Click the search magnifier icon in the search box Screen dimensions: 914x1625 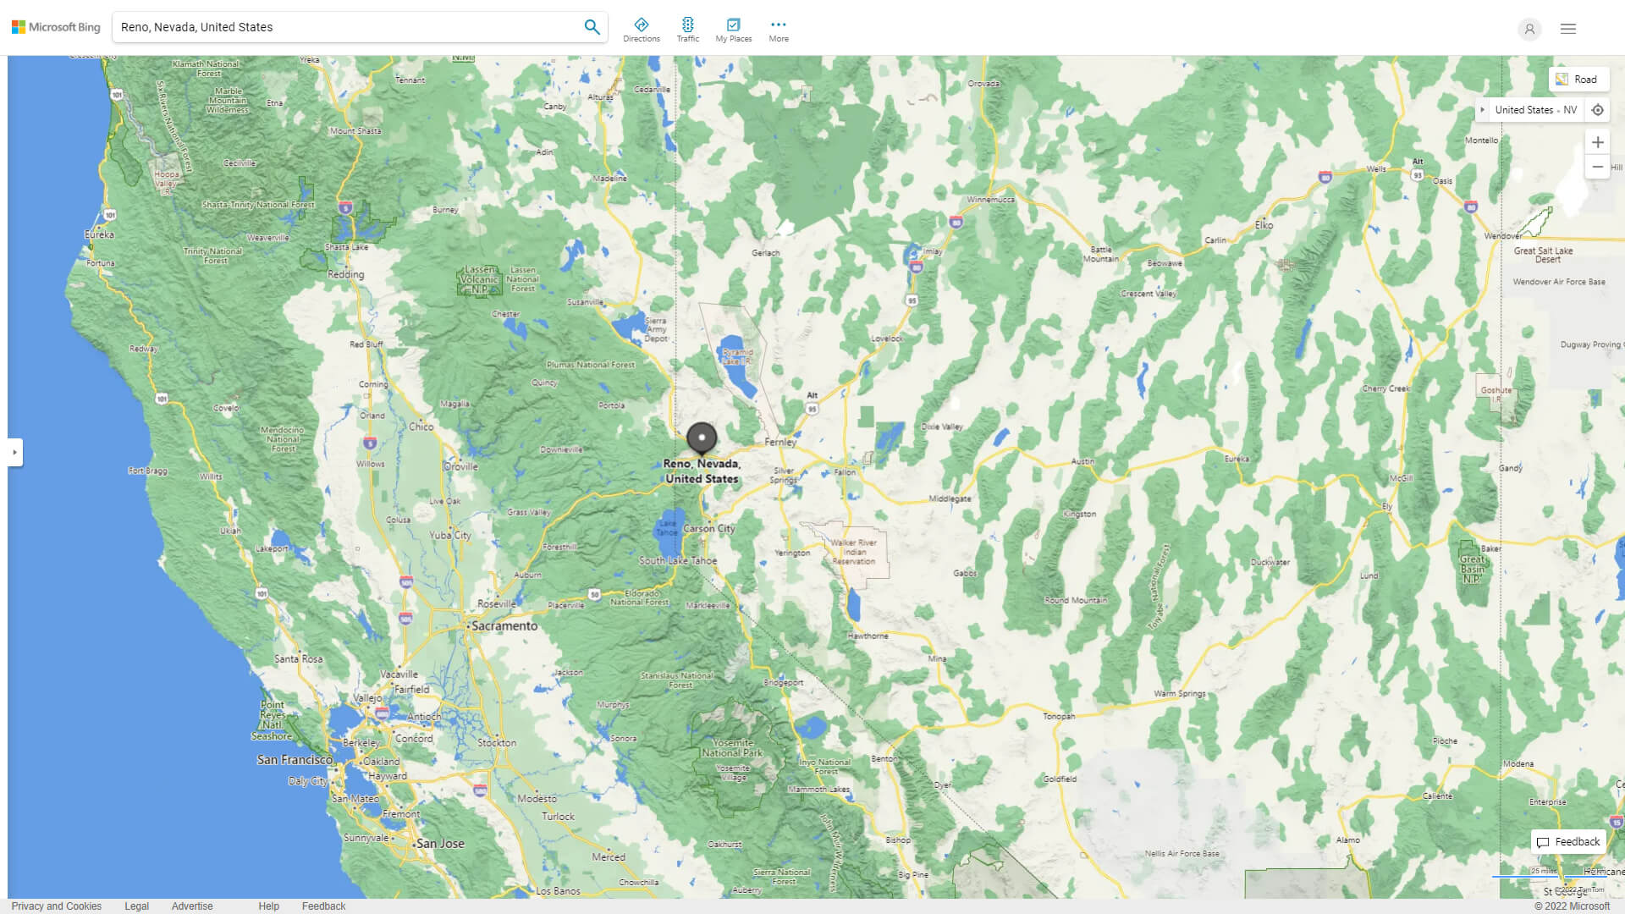pos(592,27)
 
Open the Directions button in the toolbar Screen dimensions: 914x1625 pos(642,30)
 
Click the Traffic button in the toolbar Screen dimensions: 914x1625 pos(688,30)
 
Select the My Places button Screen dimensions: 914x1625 pos(733,30)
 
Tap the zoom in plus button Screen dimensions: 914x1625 pos(1597,142)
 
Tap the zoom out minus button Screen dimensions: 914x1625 pos(1597,167)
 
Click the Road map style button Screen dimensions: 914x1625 pos(1578,80)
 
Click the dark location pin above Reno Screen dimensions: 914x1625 pos(702,438)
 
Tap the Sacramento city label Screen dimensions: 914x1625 pos(504,626)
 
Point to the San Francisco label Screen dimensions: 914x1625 pos(295,760)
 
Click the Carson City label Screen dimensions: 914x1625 pos(708,529)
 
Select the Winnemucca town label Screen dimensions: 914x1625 pos(990,200)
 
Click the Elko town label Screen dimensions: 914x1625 pos(1264,225)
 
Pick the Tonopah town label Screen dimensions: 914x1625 pos(1059,716)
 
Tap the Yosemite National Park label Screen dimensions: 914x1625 pos(732,748)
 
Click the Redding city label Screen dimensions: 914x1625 pos(345,274)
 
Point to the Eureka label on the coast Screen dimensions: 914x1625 pos(99,234)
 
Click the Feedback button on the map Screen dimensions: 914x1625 pos(1568,842)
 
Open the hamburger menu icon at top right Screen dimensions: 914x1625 pos(1568,29)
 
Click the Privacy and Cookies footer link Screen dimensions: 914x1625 pos(57,906)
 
